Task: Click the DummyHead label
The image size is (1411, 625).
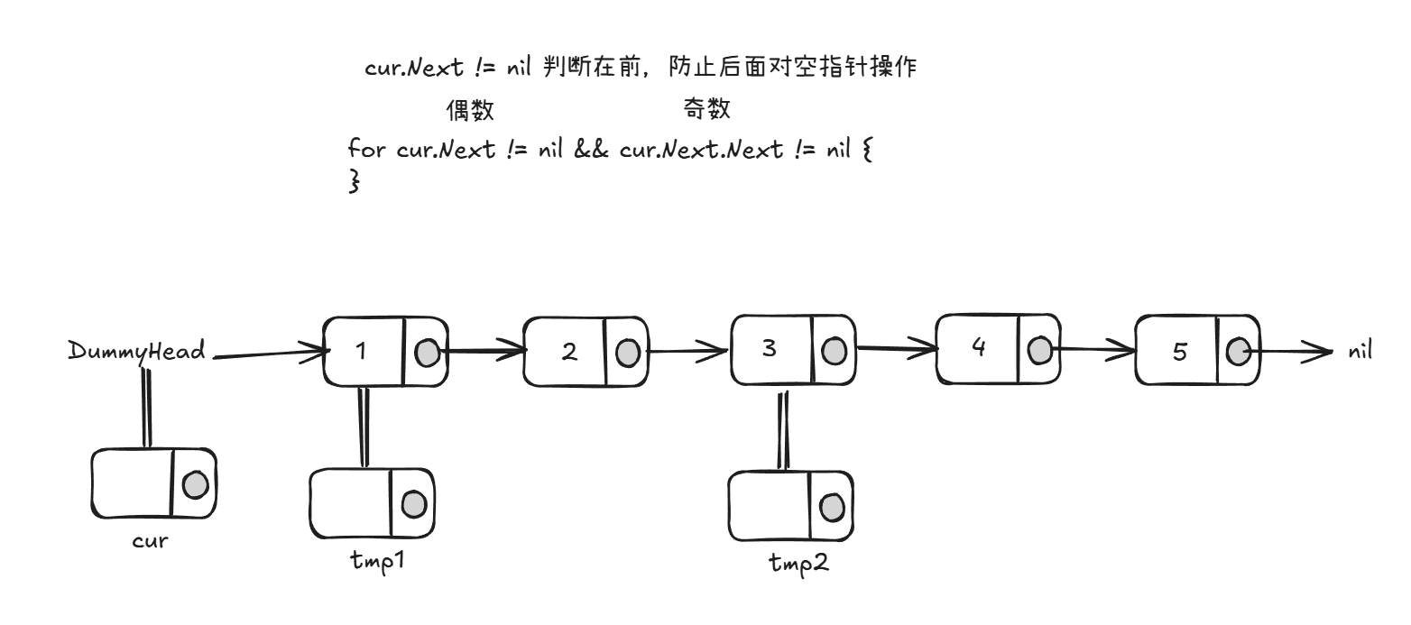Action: click(136, 351)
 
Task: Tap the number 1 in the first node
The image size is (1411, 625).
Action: click(361, 351)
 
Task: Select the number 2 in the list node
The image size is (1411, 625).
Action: click(568, 352)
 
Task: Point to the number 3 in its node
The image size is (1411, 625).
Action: click(769, 348)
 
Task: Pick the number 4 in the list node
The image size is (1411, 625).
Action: click(979, 347)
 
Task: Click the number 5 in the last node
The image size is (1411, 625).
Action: click(1180, 352)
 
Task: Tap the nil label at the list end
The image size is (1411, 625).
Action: click(1360, 351)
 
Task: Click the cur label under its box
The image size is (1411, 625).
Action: click(150, 541)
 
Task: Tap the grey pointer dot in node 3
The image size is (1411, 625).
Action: click(835, 349)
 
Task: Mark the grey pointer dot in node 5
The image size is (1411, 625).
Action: click(1238, 352)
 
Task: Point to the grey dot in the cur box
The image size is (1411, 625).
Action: click(195, 485)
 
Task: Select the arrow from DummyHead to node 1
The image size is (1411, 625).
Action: click(268, 354)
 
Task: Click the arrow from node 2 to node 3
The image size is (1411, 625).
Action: click(687, 351)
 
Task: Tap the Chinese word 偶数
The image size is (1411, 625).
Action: click(470, 111)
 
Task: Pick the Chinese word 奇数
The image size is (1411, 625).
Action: click(706, 110)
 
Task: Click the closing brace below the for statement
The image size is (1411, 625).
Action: click(354, 180)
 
